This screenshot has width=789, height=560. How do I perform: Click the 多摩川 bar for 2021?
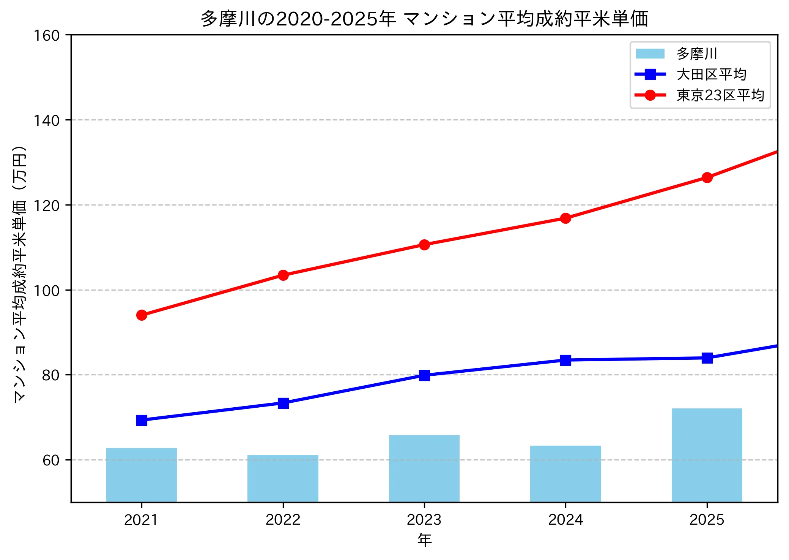(x=142, y=475)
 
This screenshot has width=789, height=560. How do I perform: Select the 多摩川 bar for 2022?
(x=283, y=478)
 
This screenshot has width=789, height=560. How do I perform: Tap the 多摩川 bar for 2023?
(x=424, y=468)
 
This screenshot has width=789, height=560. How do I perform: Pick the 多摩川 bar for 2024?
(x=565, y=474)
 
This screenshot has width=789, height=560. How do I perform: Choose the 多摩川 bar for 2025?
(x=707, y=455)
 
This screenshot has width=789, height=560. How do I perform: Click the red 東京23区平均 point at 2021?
(x=142, y=315)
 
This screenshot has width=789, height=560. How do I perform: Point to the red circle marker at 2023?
(x=424, y=245)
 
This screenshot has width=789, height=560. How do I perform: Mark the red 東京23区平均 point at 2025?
(x=707, y=177)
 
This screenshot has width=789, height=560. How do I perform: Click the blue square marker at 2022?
(x=283, y=403)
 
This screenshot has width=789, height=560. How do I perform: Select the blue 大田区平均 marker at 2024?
(x=565, y=360)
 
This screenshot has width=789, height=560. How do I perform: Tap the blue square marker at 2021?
(x=142, y=420)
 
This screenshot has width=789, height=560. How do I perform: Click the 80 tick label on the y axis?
(x=51, y=375)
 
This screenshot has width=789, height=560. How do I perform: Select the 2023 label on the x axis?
(x=424, y=520)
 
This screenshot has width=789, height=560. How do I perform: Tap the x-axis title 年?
(x=424, y=540)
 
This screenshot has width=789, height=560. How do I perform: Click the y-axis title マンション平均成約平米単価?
(x=20, y=274)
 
